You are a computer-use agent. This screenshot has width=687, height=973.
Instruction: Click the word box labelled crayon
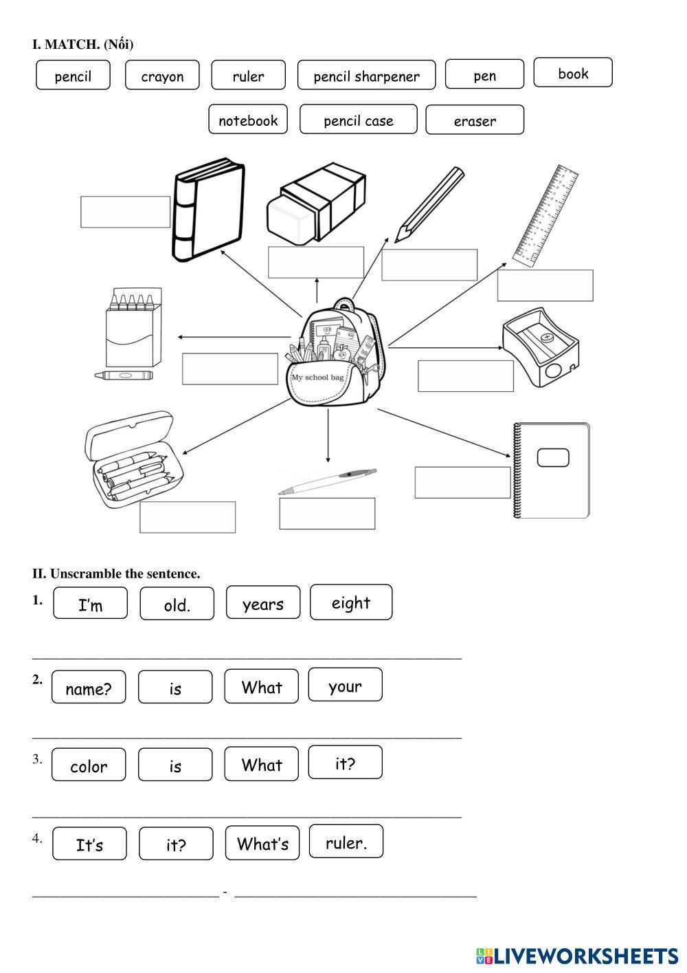162,76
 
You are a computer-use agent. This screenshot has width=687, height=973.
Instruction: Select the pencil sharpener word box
366,76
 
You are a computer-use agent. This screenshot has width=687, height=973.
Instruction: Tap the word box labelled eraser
474,120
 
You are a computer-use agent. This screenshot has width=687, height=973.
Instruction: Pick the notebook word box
247,120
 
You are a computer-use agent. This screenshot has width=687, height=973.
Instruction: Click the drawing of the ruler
547,215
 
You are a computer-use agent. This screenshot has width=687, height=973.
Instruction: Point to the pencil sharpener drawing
540,351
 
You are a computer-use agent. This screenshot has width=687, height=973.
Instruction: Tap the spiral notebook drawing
552,470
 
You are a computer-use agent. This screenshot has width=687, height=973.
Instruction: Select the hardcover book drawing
207,210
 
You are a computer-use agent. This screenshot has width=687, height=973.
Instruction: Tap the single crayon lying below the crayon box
124,375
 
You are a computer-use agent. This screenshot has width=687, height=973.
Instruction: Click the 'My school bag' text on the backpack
317,378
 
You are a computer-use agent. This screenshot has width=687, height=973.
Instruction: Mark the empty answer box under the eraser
315,262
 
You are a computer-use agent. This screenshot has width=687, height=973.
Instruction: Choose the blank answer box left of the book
125,212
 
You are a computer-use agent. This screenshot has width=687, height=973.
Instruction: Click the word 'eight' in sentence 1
350,602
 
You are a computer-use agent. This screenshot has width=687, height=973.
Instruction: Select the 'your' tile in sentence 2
345,685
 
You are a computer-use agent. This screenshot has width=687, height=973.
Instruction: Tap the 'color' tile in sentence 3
89,765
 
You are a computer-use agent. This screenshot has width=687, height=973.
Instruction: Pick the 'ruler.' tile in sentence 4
346,842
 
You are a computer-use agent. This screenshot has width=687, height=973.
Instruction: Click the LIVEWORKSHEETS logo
577,955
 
